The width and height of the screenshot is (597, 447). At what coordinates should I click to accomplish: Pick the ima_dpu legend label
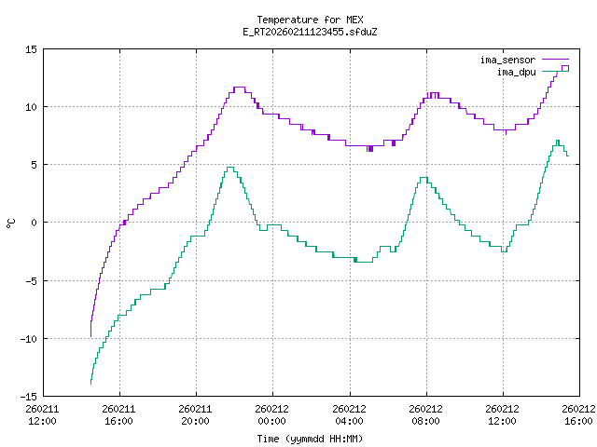click(514, 71)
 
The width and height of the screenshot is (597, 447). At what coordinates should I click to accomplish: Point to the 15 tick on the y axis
click(31, 49)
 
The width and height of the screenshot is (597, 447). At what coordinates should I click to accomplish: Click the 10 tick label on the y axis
click(31, 107)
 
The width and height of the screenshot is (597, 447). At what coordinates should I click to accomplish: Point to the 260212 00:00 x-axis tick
click(272, 413)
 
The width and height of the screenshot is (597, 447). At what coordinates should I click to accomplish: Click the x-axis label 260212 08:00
click(426, 413)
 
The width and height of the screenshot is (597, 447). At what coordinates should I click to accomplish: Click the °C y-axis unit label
click(11, 223)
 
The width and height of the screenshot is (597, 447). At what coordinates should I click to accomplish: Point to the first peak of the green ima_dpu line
click(229, 168)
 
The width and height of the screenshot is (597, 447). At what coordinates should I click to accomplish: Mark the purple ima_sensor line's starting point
click(90, 335)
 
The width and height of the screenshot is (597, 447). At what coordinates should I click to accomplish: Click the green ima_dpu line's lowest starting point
click(90, 384)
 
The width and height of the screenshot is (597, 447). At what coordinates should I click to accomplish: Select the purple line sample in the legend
click(554, 60)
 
